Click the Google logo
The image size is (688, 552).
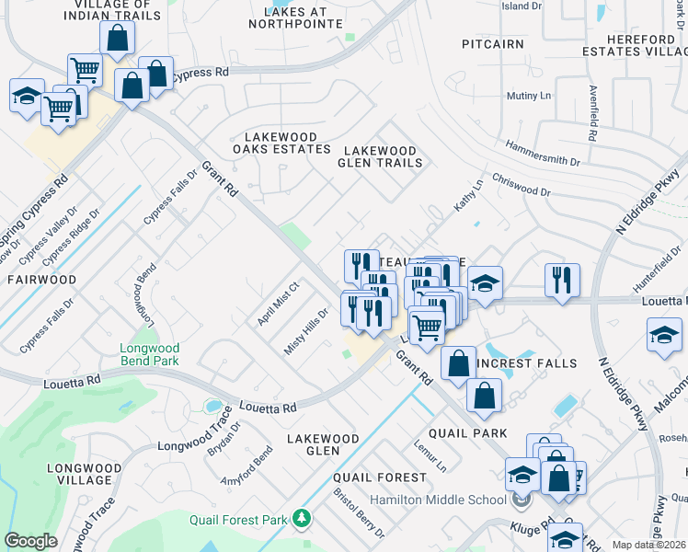click(x=30, y=540)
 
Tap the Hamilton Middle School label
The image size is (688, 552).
click(x=438, y=500)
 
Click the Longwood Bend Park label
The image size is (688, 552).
click(x=149, y=355)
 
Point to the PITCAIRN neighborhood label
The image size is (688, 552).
click(x=493, y=43)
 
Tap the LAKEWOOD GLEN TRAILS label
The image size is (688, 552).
click(x=381, y=156)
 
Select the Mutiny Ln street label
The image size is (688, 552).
click(x=529, y=96)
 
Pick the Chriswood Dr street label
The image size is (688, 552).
click(x=521, y=186)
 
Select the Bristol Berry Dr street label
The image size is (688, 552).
click(x=358, y=504)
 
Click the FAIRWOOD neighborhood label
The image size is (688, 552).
click(x=42, y=278)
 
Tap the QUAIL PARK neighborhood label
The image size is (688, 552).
click(x=467, y=433)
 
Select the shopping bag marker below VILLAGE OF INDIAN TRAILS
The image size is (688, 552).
click(x=117, y=38)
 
